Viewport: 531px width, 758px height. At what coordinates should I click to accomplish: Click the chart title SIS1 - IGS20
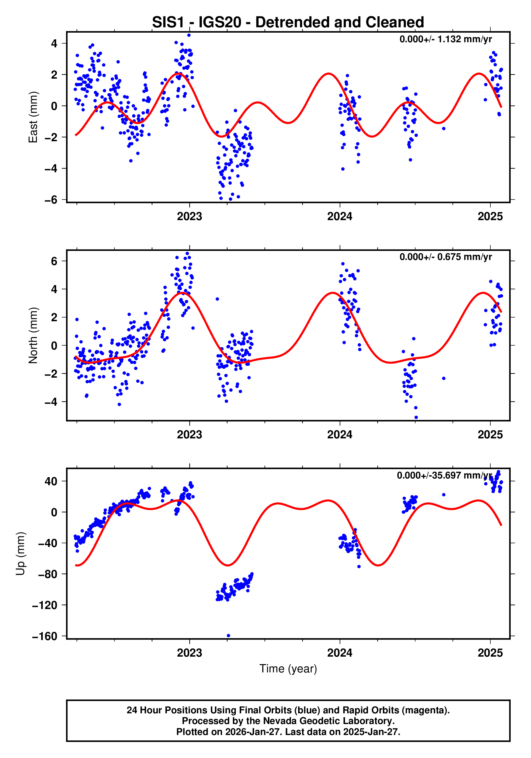coord(288,22)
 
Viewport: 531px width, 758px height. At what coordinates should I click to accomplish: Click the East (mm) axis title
coord(33,117)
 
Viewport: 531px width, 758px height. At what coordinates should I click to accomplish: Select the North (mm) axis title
coord(33,335)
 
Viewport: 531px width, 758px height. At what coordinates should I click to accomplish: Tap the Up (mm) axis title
coord(21,554)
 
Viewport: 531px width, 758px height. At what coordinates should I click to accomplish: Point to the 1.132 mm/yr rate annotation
coord(445,39)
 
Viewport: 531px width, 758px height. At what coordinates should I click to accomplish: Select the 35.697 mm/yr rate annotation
coord(444,475)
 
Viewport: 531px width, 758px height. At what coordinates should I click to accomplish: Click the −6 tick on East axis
coord(51,200)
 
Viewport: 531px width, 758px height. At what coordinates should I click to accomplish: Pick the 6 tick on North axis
coord(54,261)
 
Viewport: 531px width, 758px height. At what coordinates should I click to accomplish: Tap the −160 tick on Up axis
coord(45,636)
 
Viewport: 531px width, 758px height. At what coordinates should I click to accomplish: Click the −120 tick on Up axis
coord(45,605)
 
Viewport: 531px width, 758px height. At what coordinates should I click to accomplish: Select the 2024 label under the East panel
coord(340,217)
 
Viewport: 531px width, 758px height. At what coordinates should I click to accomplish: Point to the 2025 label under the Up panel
coord(490,653)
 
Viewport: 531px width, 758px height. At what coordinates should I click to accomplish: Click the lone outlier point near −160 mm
coord(228,636)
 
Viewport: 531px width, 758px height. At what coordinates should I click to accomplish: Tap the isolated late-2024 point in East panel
coord(444,128)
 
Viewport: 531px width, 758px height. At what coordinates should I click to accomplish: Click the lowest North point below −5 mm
coord(416,417)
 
